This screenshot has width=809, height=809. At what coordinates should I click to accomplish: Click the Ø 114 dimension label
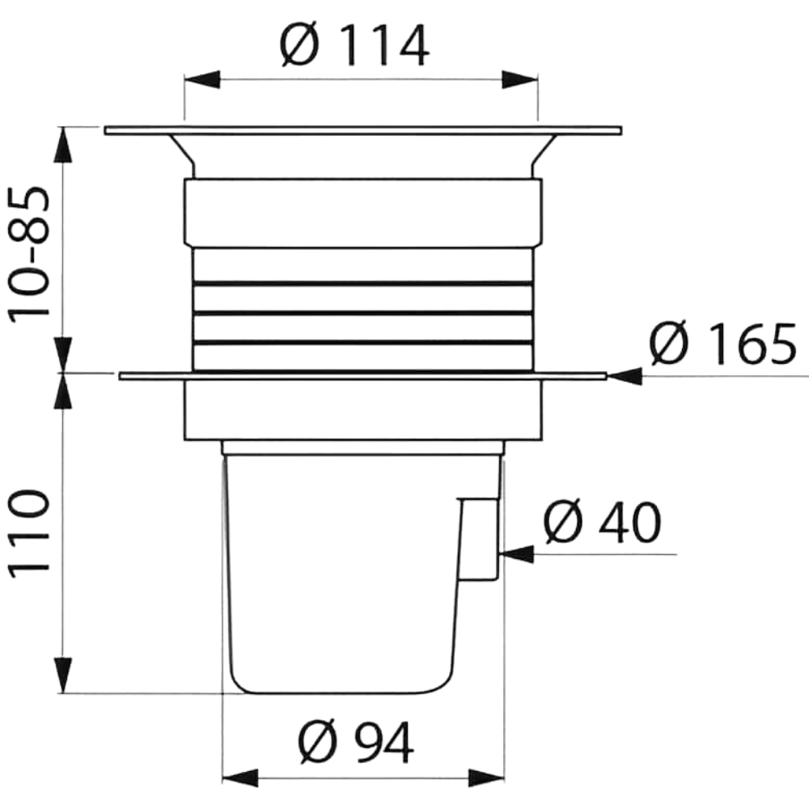click(x=354, y=44)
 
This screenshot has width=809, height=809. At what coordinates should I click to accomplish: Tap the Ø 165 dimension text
click(x=723, y=343)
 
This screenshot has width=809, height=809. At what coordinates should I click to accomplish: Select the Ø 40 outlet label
click(x=602, y=521)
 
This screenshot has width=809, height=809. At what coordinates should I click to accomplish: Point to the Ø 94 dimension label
click(x=356, y=742)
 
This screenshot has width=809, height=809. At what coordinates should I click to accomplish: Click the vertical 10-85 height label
click(x=30, y=254)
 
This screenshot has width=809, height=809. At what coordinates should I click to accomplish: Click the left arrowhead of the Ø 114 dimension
click(x=202, y=80)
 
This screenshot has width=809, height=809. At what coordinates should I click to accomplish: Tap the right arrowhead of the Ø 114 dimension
click(x=520, y=80)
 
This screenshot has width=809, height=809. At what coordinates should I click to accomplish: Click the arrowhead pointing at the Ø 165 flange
click(x=625, y=376)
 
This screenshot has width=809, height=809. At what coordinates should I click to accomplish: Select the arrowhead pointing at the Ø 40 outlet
click(x=517, y=554)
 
